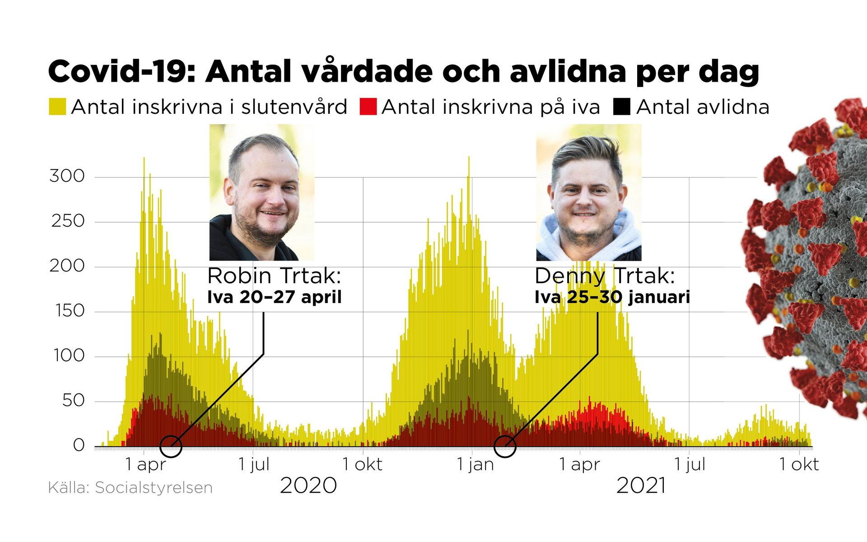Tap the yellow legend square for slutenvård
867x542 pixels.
click(57, 107)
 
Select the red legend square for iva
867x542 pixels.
click(368, 107)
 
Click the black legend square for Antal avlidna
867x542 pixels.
click(622, 107)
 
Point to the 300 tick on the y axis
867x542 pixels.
click(67, 176)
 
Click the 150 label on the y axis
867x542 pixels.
click(67, 311)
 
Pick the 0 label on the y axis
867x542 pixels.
click(79, 445)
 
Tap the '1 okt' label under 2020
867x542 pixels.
click(362, 465)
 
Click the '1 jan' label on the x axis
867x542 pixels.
click(475, 465)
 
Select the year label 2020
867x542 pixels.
click(308, 486)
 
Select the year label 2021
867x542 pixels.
click(641, 486)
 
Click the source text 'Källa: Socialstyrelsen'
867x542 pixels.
click(130, 488)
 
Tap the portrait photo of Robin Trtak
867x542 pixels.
click(262, 192)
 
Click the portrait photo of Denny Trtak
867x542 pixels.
click(589, 192)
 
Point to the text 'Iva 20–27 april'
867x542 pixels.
click(275, 298)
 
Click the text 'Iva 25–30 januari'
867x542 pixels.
click(612, 298)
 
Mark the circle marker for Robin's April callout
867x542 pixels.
click(171, 447)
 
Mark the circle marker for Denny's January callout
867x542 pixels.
click(505, 447)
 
